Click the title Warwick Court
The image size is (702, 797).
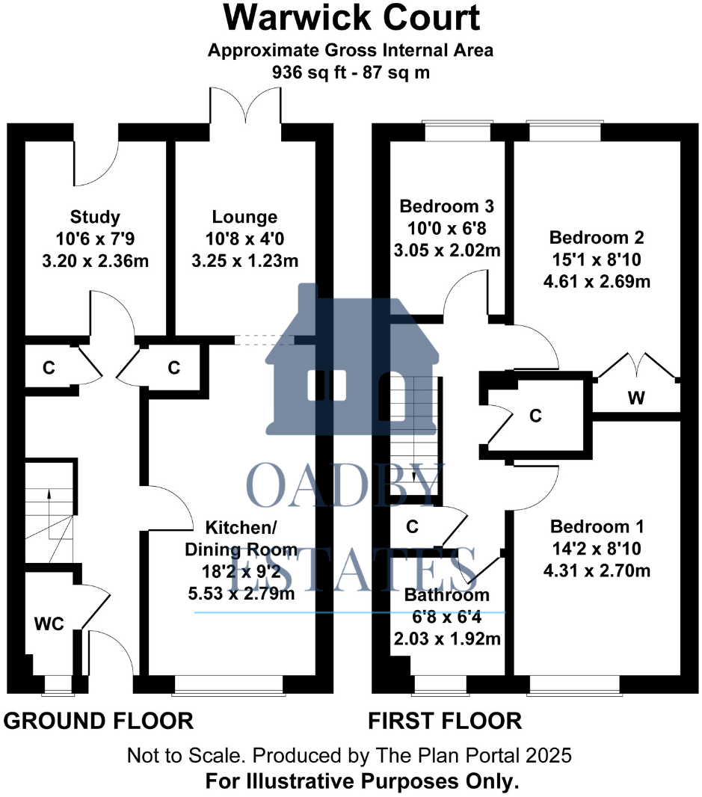tap(351, 18)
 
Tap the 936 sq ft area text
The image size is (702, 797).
tap(351, 73)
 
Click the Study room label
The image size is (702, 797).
tap(95, 218)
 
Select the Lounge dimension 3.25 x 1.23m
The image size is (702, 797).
tap(244, 261)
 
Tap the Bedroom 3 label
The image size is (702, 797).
tap(448, 206)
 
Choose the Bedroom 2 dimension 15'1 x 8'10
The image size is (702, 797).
tap(597, 260)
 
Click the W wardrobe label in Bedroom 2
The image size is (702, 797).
tap(635, 398)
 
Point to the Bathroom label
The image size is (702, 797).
tap(447, 596)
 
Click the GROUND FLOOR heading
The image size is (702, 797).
tap(99, 721)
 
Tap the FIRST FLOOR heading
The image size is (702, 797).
tap(445, 721)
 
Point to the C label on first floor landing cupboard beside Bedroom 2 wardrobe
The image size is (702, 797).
tap(535, 416)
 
